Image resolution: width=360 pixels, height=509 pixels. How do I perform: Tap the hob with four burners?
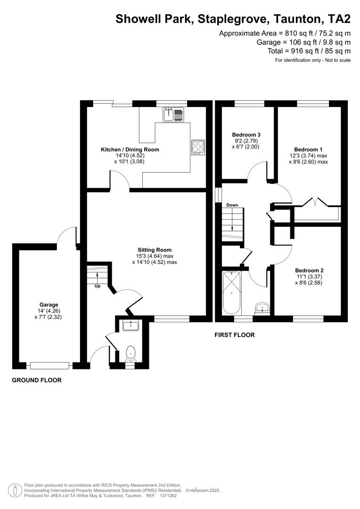click(198, 148)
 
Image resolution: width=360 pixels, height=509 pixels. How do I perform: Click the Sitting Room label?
click(155, 250)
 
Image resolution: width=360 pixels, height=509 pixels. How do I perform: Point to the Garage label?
click(49, 304)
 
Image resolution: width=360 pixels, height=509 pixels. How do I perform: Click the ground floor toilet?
click(130, 353)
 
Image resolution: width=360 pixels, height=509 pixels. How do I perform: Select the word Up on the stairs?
click(98, 286)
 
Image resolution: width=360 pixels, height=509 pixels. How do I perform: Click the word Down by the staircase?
click(232, 205)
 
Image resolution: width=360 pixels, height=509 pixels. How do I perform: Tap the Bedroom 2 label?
click(309, 270)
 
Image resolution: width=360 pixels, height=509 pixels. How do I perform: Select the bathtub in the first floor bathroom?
click(231, 293)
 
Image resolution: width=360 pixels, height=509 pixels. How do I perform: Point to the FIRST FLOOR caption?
click(234, 335)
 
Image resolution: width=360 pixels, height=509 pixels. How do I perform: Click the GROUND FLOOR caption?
click(37, 380)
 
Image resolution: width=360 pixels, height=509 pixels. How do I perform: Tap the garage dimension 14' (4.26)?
click(49, 311)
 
